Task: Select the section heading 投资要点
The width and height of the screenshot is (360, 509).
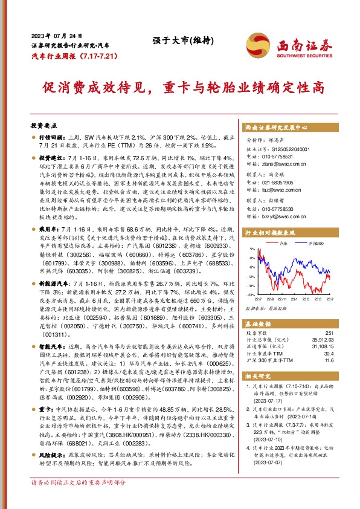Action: coord(43,125)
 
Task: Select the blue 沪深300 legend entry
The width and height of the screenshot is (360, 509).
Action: coord(312,242)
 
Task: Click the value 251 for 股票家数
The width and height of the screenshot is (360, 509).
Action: coord(329,332)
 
